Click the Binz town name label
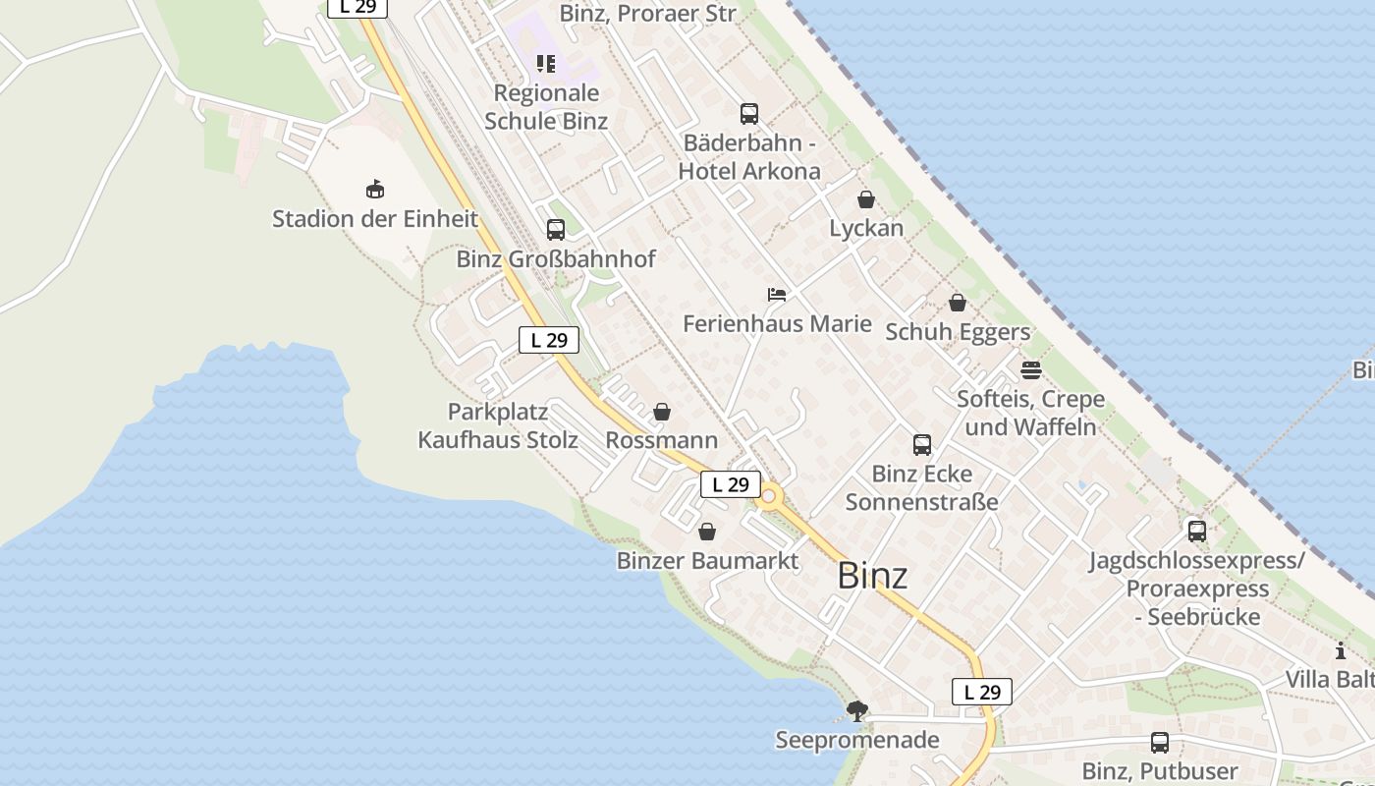coord(872,576)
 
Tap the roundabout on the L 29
coord(769,498)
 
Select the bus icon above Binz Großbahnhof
coord(556,230)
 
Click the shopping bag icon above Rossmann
coord(662,412)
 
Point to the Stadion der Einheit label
coord(374,218)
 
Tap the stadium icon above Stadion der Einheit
coord(374,190)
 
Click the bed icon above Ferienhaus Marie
coord(777,295)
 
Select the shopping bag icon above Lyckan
coord(866,200)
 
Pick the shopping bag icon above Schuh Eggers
coord(958,303)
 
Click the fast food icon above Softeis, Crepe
coord(1031,370)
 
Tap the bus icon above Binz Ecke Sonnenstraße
coord(922,445)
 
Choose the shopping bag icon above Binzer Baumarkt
coord(707,533)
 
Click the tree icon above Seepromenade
coord(857,710)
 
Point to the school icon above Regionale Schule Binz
coord(546,65)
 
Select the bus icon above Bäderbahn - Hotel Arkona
coord(749,114)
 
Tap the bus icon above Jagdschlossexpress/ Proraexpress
coord(1197,532)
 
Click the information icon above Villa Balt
coord(1341,650)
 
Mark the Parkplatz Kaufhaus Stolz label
coord(498,425)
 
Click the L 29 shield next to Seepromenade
coord(982,692)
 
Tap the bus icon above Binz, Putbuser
coord(1160,743)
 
